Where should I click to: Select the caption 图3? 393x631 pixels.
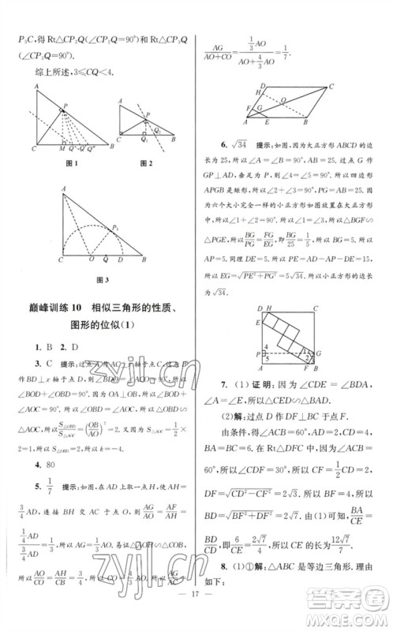[100, 280]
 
